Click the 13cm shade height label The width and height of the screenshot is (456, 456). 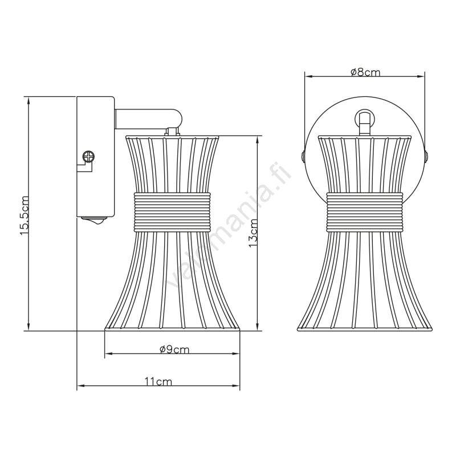(x=253, y=233)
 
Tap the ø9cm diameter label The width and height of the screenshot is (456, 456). (x=174, y=349)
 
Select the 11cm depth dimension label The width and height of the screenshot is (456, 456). (x=158, y=381)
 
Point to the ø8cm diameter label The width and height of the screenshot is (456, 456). (x=365, y=72)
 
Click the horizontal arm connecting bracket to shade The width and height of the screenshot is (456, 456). (x=149, y=119)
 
